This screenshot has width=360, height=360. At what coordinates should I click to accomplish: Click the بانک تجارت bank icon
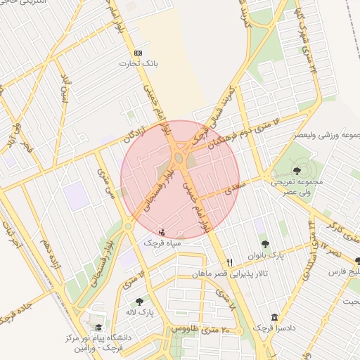coord(137,53)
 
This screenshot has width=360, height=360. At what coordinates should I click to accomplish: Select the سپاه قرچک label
coord(162,242)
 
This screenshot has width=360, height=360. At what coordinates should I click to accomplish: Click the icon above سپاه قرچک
coord(162,231)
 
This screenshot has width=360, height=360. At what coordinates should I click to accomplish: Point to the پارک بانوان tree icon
coord(264,245)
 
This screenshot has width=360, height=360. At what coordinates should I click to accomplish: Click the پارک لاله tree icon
coord(139,301)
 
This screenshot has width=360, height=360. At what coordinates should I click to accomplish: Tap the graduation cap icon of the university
coord(98,328)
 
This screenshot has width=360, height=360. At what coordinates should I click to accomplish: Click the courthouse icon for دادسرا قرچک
coord(274,318)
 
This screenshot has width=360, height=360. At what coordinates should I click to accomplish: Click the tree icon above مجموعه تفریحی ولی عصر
coord(297,171)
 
